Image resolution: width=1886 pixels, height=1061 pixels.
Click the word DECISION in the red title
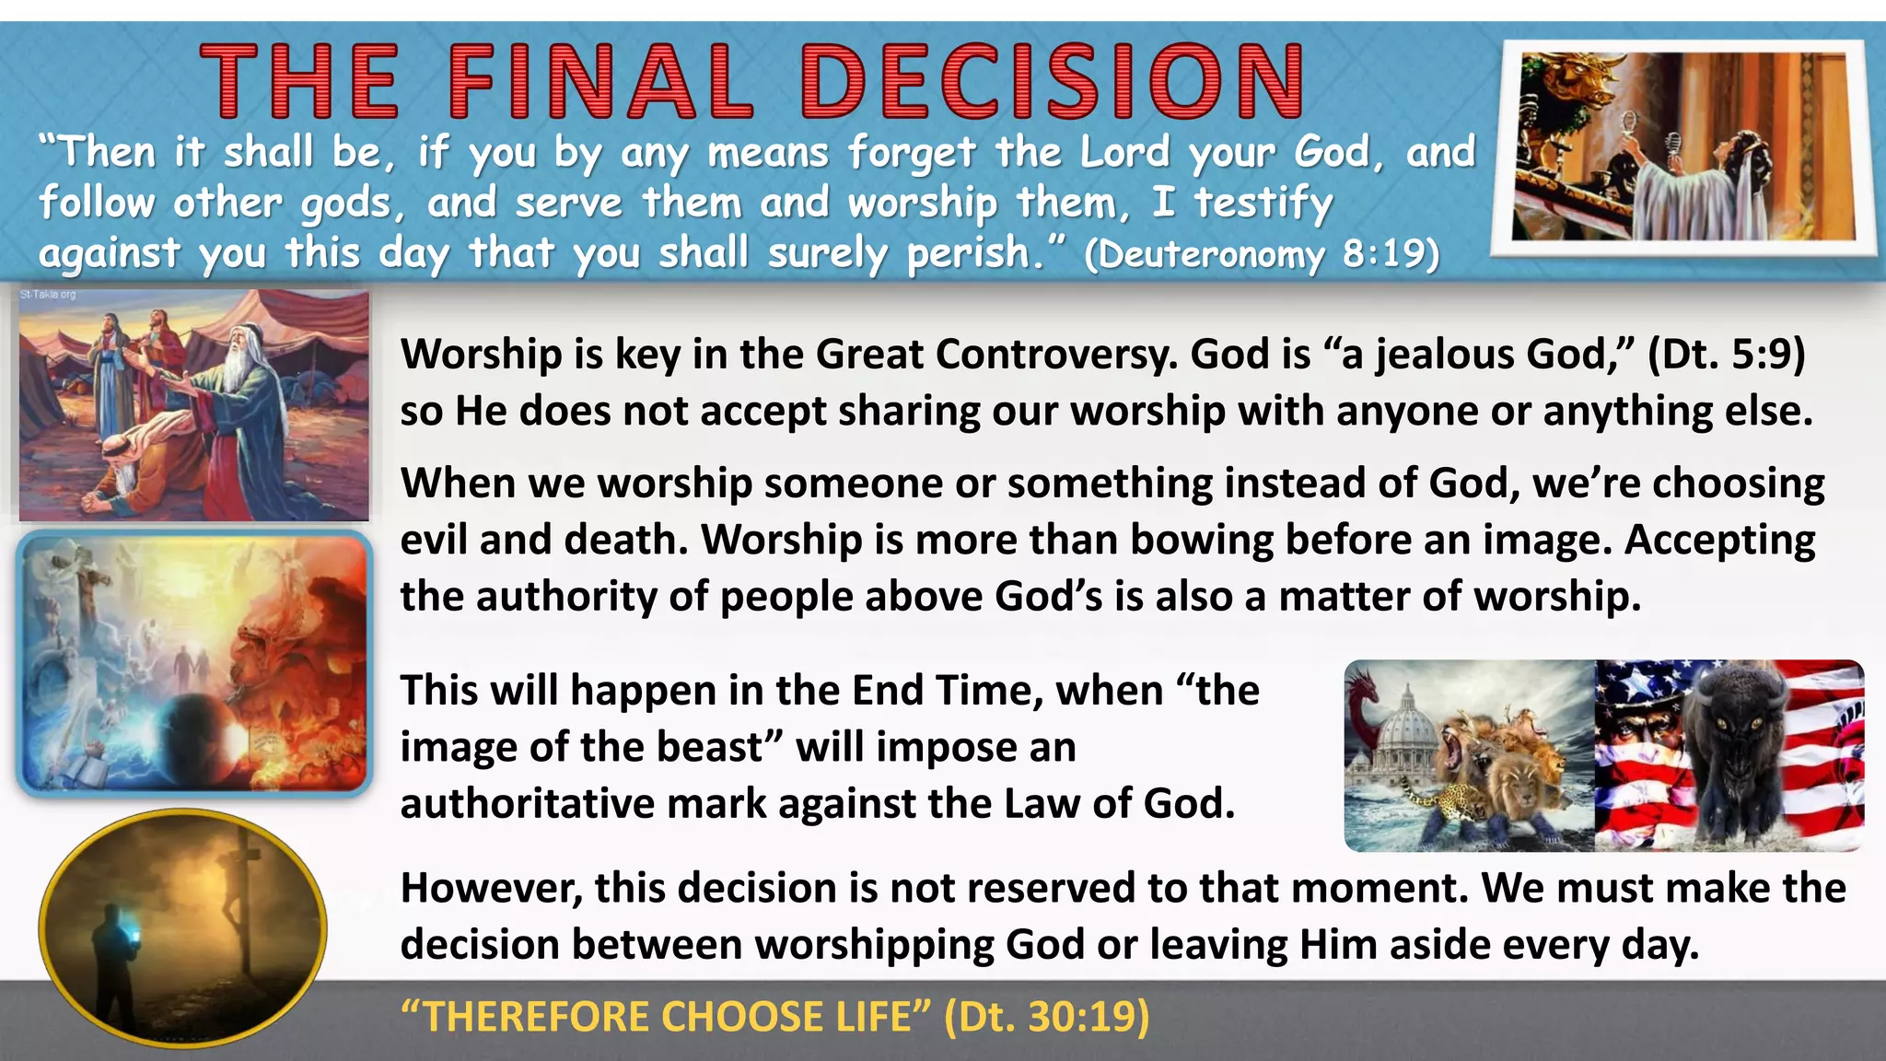coord(1053,83)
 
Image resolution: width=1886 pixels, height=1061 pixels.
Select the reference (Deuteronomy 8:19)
coord(1262,253)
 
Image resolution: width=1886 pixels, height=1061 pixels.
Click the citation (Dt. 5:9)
coord(1726,355)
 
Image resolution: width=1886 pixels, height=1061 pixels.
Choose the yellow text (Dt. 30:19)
coord(1047,1017)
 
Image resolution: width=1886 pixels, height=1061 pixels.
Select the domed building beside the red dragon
coord(1404,728)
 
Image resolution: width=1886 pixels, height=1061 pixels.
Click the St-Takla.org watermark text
coord(48,295)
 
